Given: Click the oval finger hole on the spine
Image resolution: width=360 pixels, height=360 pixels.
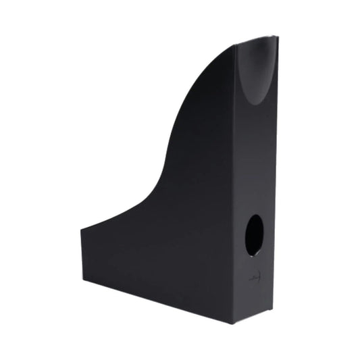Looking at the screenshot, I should pos(254,235).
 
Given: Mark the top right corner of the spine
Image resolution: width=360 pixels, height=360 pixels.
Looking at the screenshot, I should pos(278,37).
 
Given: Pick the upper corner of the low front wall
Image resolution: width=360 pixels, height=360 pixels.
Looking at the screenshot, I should pos(81,230).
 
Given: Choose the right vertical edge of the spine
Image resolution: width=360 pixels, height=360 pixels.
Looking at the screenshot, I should pos(275,176).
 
